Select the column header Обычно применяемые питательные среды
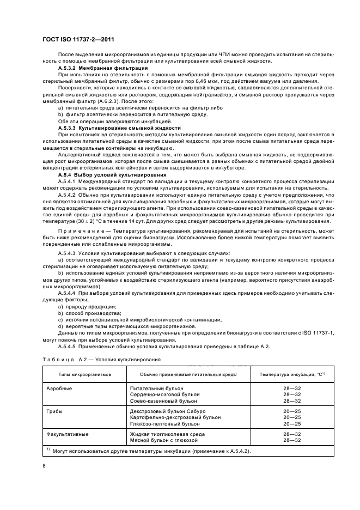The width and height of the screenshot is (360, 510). (x=188, y=375)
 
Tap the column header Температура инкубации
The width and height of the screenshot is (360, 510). (x=292, y=375)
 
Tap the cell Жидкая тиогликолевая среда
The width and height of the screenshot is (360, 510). (x=167, y=434)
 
